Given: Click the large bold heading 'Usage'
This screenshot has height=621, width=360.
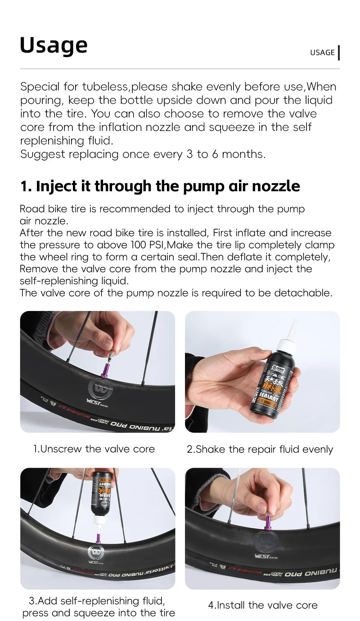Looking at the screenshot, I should click(x=54, y=45).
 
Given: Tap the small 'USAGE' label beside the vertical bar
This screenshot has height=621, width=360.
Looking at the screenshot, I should click(x=322, y=53).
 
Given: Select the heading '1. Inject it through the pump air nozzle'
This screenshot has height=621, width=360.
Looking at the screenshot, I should click(x=160, y=186).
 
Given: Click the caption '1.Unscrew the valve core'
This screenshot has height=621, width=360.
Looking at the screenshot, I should click(x=94, y=449).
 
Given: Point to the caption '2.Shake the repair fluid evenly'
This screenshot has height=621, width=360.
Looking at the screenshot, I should click(x=260, y=449).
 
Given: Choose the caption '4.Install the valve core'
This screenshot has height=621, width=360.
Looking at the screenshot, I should click(x=263, y=605).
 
